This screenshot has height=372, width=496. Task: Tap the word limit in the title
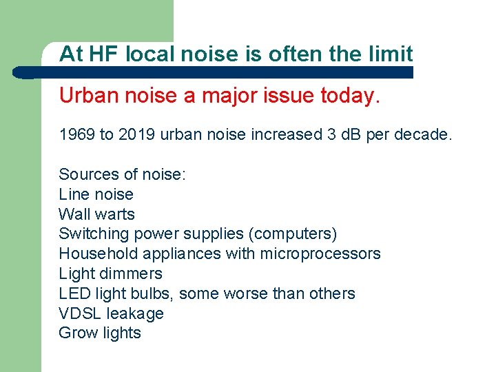390,54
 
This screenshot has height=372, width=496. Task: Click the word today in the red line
349,96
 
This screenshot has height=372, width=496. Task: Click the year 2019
137,134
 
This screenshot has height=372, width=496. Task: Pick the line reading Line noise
96,194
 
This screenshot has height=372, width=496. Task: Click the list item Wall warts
96,214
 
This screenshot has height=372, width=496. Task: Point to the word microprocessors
320,254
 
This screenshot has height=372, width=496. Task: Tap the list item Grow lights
100,333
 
